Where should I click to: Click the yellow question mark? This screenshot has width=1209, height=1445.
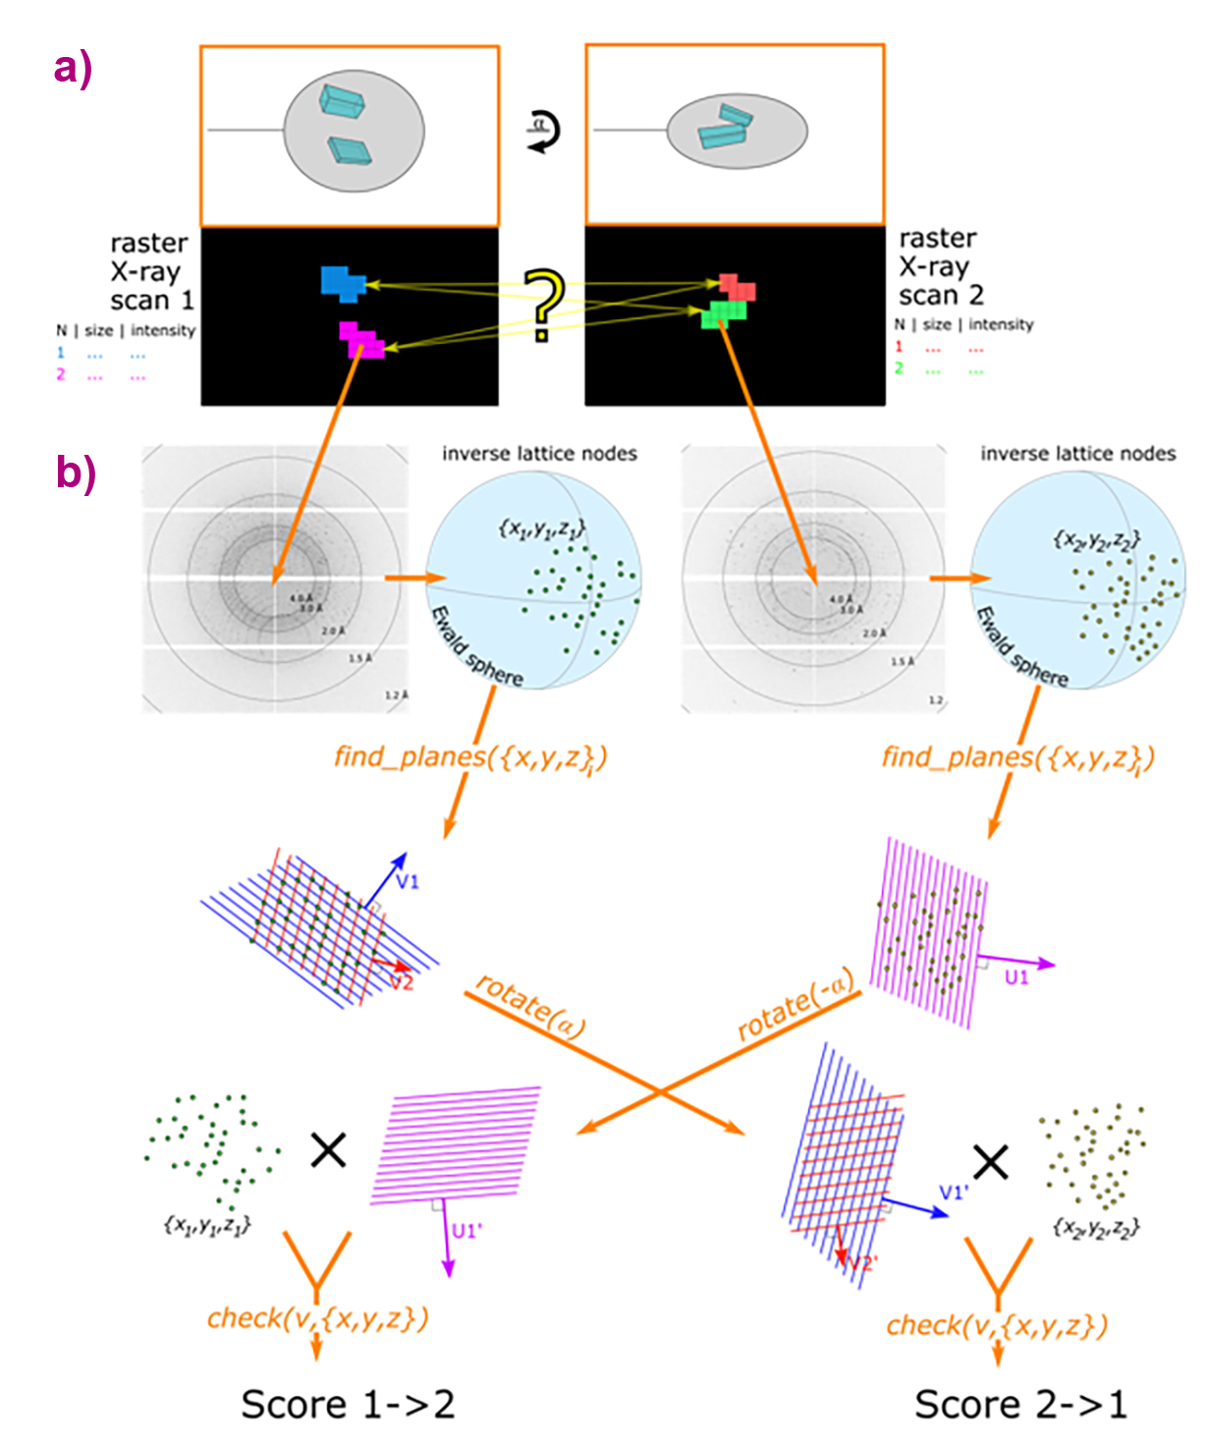pyautogui.click(x=542, y=304)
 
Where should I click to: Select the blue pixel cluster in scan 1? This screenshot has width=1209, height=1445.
pyautogui.click(x=341, y=282)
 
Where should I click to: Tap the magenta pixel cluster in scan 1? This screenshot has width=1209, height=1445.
pyautogui.click(x=362, y=340)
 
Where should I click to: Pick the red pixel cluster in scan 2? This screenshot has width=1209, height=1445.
pyautogui.click(x=737, y=288)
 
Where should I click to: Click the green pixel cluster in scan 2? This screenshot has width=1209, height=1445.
pyautogui.click(x=725, y=314)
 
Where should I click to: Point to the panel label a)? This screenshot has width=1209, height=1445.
pyautogui.click(x=74, y=69)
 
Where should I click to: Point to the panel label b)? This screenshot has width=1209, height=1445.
pyautogui.click(x=76, y=472)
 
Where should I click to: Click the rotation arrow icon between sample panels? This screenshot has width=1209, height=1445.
pyautogui.click(x=543, y=130)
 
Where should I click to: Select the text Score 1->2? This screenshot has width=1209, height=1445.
pyautogui.click(x=348, y=1405)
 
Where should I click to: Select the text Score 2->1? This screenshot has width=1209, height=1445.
pyautogui.click(x=1020, y=1405)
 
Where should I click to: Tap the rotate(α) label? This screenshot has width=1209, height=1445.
pyautogui.click(x=530, y=1008)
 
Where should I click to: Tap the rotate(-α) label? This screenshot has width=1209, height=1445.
pyautogui.click(x=796, y=1006)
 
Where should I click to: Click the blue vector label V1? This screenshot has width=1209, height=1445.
pyautogui.click(x=407, y=881)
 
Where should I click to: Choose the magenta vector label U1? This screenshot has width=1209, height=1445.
pyautogui.click(x=1017, y=977)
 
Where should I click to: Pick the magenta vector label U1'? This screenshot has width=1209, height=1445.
pyautogui.click(x=467, y=1231)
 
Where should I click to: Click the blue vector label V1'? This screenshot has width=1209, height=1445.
pyautogui.click(x=954, y=1192)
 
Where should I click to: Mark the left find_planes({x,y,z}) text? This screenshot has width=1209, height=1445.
pyautogui.click(x=470, y=757)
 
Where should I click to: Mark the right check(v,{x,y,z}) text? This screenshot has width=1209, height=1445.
pyautogui.click(x=997, y=1325)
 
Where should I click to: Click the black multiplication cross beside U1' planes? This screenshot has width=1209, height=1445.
pyautogui.click(x=328, y=1148)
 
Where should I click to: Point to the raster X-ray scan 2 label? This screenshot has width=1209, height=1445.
pyautogui.click(x=941, y=266)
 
